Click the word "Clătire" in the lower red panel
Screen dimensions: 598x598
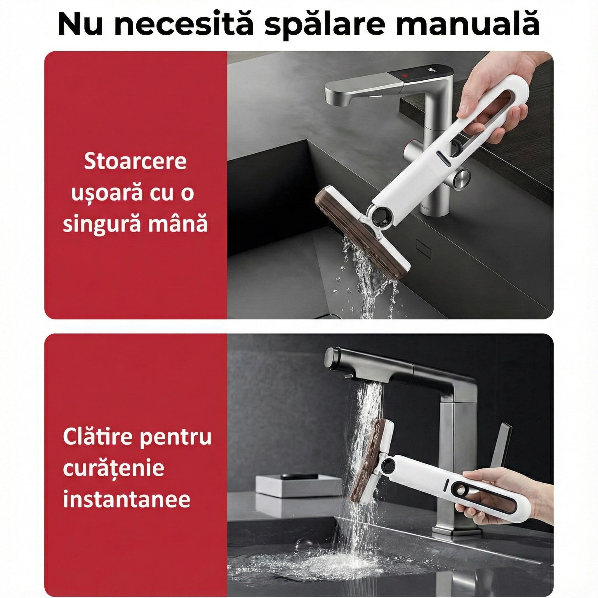tap(98, 437)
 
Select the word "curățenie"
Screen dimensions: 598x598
tap(114, 468)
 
